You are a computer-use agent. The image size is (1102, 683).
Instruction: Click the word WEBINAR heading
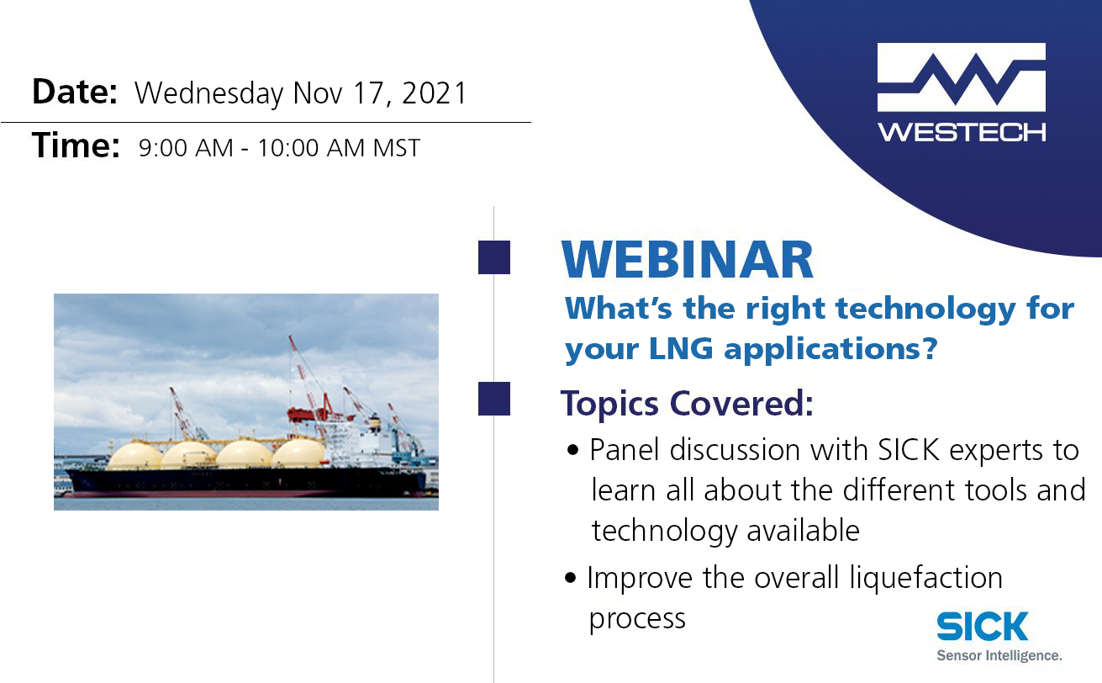click(688, 262)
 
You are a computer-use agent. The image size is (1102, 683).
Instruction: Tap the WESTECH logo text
click(961, 133)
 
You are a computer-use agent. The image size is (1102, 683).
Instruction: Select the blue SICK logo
click(982, 627)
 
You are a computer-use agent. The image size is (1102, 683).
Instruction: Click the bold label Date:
click(74, 92)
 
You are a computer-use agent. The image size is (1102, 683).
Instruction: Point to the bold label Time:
click(76, 147)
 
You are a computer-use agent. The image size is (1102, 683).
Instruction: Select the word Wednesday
click(208, 93)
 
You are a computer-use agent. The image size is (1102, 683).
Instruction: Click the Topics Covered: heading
click(687, 405)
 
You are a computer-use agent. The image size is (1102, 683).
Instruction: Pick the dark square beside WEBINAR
click(494, 257)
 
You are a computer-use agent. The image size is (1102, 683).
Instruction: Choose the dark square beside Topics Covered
click(494, 399)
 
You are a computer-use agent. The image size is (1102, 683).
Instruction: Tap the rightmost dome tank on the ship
click(299, 453)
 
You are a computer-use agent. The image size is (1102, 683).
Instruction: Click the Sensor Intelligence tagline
click(999, 655)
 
